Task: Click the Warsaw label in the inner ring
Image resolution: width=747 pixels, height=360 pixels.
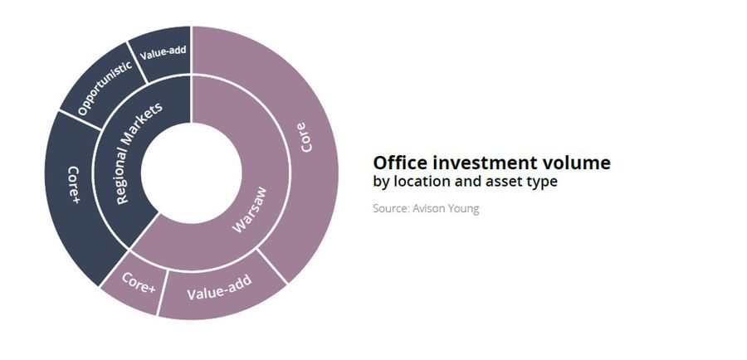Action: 250,210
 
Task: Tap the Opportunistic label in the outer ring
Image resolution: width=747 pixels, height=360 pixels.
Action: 105,88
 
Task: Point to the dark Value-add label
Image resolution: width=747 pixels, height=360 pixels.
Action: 163,52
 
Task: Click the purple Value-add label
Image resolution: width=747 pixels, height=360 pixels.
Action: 219,287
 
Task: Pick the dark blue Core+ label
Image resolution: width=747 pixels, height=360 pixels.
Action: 74,185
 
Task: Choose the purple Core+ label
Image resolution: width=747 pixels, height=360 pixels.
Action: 139,282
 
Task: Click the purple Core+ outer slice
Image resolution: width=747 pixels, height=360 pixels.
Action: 134,284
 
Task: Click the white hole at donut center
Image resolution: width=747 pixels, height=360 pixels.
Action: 192,173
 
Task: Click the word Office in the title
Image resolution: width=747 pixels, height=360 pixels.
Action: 400,163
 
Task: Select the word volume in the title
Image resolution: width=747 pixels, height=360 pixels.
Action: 577,163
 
